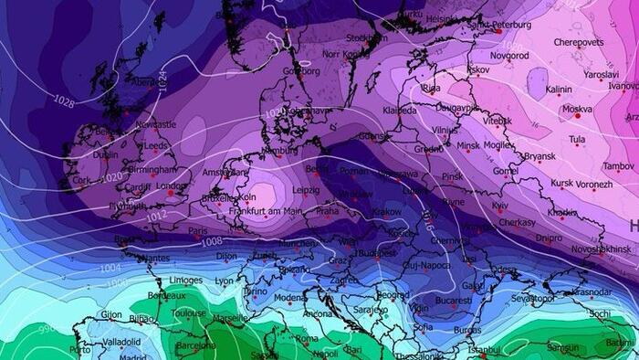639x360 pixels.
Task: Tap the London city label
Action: (171, 185)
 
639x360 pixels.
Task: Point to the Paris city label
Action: (198, 231)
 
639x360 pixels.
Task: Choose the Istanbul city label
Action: (484, 349)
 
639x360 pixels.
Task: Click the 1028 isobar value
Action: (63, 99)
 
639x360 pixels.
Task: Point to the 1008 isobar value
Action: (212, 241)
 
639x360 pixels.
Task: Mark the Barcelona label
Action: (195, 346)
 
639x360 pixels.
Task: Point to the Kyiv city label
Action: (500, 206)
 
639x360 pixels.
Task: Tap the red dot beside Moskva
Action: (577, 116)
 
